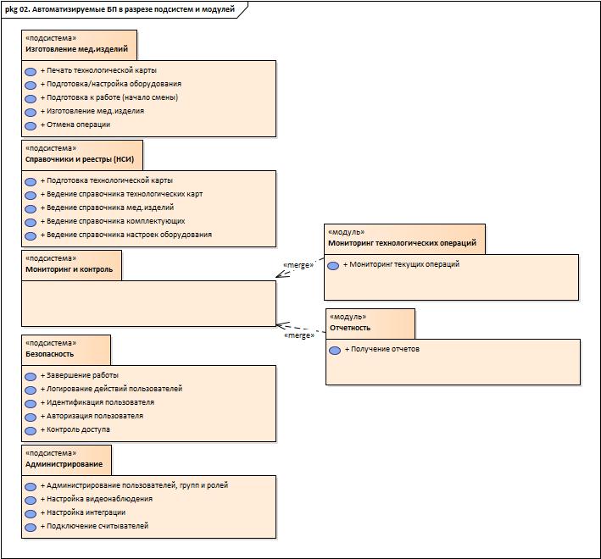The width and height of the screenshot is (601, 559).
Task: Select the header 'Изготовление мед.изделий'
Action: click(x=76, y=50)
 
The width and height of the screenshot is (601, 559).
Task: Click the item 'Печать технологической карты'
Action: click(x=98, y=70)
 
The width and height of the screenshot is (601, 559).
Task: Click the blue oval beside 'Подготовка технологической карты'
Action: click(x=31, y=181)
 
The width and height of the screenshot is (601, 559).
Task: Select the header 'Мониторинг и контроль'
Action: click(x=68, y=270)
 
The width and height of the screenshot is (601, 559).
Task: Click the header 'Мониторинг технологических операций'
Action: click(x=402, y=243)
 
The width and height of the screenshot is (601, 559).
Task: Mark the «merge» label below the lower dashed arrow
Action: click(x=299, y=335)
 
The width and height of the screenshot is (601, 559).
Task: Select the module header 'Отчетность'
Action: click(x=350, y=328)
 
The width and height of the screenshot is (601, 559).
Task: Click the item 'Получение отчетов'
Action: click(x=381, y=349)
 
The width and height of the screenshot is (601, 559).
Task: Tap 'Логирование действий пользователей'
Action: click(x=111, y=389)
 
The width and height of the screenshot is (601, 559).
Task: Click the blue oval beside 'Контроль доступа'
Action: click(x=31, y=430)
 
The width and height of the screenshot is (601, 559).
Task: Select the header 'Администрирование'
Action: click(x=64, y=464)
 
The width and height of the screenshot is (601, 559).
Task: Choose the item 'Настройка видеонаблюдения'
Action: click(x=96, y=499)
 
